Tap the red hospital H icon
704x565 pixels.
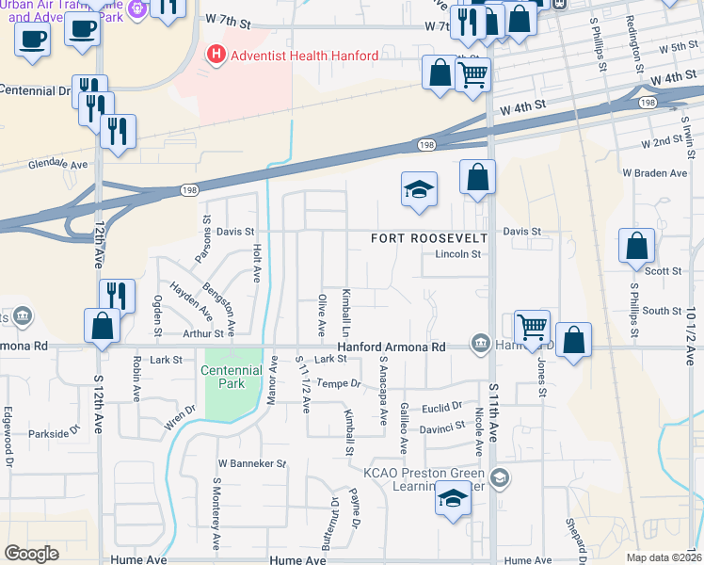[217, 55]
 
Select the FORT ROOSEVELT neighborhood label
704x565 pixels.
[428, 238]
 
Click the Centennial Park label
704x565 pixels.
[231, 377]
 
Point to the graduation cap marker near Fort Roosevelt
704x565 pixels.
[419, 189]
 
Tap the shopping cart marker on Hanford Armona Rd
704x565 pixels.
[532, 328]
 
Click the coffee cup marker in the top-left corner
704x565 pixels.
[33, 40]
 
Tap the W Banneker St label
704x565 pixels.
[251, 463]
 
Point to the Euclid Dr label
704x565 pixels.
[443, 407]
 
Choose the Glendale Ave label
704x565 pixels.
[57, 163]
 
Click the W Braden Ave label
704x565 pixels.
[655, 173]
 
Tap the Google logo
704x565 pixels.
[31, 554]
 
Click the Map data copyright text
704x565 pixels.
[664, 557]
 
